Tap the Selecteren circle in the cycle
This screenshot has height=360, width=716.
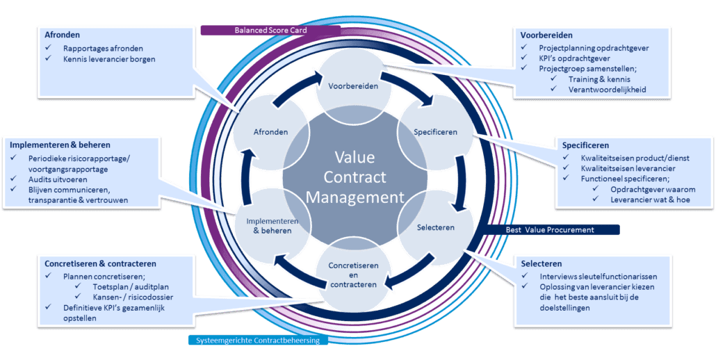[435, 227]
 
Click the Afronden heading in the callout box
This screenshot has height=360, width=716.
[63, 35]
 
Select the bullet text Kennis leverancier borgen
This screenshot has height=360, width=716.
[108, 59]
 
